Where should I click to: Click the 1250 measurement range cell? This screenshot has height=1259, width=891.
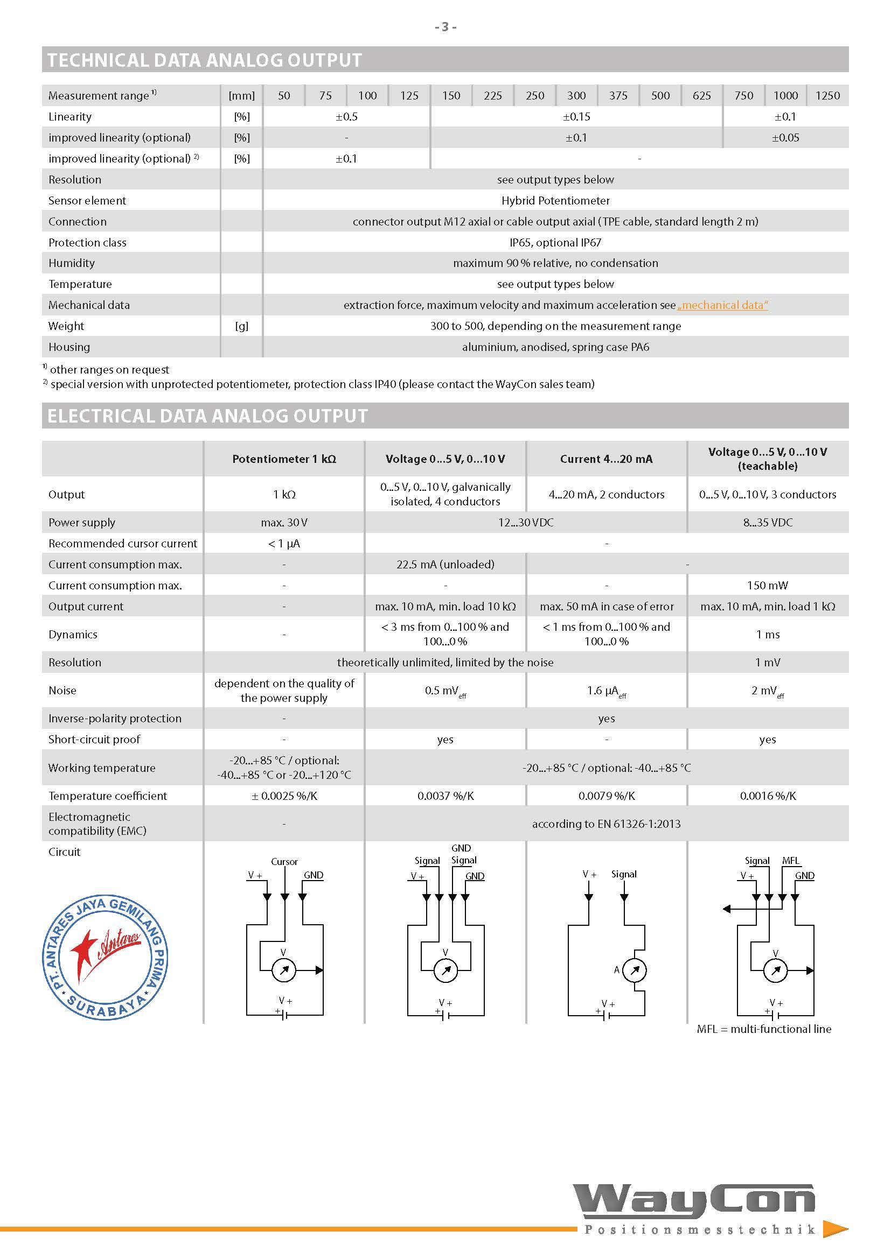point(827,95)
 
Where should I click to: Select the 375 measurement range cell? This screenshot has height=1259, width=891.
point(618,95)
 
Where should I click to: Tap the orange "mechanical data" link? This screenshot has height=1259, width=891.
point(722,305)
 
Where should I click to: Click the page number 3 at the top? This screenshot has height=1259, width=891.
point(445,26)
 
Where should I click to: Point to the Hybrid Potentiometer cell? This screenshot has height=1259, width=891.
point(555,201)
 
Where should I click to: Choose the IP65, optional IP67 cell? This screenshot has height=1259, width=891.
point(555,242)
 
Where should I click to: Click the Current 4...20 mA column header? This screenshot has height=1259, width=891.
point(606,459)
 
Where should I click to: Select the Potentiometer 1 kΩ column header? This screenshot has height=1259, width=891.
point(284,459)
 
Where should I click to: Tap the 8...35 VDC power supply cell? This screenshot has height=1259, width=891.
point(768,523)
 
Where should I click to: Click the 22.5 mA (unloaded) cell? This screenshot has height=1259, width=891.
point(445,564)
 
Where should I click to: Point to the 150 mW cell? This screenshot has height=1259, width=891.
point(768,586)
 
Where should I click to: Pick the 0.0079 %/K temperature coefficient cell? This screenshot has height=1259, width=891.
point(606,796)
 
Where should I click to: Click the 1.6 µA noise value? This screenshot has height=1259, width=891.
point(606,691)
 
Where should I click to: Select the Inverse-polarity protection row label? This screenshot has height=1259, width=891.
point(115,719)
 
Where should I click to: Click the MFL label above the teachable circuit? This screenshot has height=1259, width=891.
point(791,860)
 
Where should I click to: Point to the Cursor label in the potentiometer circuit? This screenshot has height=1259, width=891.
point(284,861)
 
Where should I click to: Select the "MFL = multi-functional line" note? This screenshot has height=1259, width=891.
point(764,1029)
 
